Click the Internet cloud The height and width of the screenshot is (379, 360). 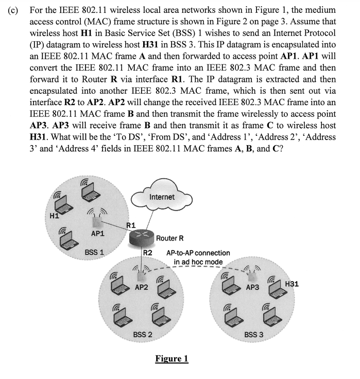pyautogui.click(x=162, y=197)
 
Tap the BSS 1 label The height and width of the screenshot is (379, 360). pyautogui.click(x=95, y=253)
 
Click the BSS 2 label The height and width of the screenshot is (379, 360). pyautogui.click(x=142, y=334)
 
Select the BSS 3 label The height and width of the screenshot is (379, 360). pyautogui.click(x=254, y=334)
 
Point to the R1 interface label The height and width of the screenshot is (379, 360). pyautogui.click(x=131, y=225)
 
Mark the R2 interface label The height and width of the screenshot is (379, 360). pyautogui.click(x=148, y=253)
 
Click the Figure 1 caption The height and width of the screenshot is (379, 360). pyautogui.click(x=172, y=358)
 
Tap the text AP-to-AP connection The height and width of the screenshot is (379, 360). pyautogui.click(x=198, y=253)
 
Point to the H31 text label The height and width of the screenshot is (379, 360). pyautogui.click(x=292, y=283)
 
